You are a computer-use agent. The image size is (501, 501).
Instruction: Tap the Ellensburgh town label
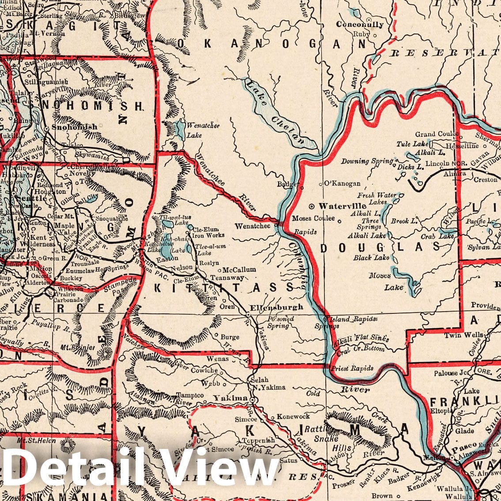[276, 307]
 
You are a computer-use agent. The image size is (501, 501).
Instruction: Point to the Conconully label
[360, 24]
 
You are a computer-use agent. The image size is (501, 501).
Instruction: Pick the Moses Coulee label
[314, 218]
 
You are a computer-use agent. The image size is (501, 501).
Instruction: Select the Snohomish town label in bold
[74, 127]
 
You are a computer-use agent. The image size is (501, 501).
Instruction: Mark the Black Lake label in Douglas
[371, 258]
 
